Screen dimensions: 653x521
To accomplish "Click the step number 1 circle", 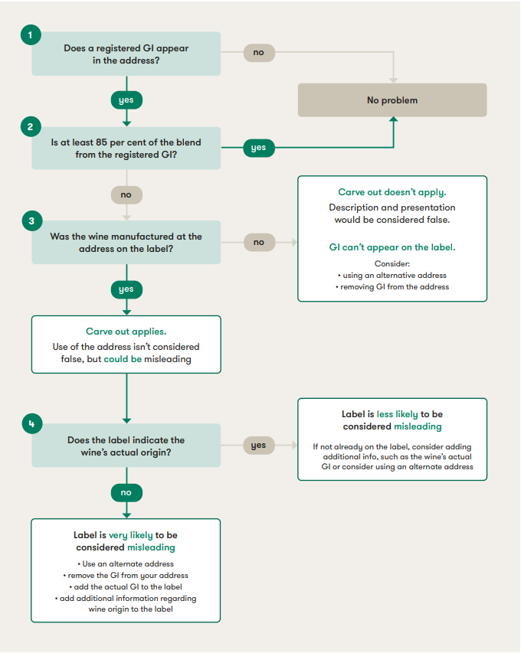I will (31, 34).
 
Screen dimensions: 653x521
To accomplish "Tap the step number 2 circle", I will (31, 126).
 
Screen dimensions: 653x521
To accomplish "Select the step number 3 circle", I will (31, 221).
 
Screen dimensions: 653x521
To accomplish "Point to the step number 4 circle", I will (31, 423).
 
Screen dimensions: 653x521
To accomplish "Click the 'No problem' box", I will (392, 100).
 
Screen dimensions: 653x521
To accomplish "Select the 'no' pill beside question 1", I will (258, 53).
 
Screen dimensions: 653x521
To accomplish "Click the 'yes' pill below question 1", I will (126, 100).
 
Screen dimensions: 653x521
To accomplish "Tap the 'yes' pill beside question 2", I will (258, 148).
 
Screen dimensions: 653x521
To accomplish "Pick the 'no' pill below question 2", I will (126, 194).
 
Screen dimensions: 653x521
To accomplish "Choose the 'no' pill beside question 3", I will (258, 242).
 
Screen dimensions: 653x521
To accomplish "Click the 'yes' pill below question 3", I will (126, 289).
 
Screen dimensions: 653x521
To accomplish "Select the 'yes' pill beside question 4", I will (258, 445).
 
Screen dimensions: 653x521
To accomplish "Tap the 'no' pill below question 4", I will (126, 492).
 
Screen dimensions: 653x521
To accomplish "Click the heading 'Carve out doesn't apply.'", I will (392, 192).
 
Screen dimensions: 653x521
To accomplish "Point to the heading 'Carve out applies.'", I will (126, 331).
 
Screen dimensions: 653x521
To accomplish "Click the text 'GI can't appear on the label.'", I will (392, 247).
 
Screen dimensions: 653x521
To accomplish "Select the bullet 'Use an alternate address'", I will (126, 563).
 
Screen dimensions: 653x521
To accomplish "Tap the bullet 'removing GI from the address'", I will (392, 286).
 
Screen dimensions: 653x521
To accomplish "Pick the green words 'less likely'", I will (397, 414).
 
